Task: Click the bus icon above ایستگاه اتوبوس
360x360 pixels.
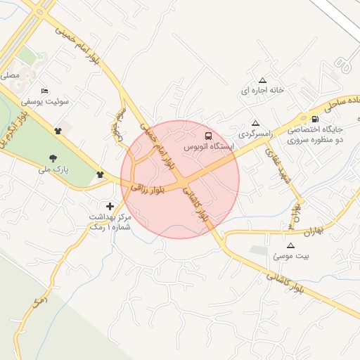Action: (207, 136)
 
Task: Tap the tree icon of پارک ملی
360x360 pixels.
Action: (53, 158)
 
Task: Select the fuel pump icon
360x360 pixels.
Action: (314, 119)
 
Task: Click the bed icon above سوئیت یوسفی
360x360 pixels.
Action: (45, 91)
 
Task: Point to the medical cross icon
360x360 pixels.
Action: (110, 205)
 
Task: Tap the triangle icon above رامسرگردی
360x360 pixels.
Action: (255, 122)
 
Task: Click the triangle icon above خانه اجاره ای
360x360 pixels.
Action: (263, 79)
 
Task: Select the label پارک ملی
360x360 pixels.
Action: (53, 169)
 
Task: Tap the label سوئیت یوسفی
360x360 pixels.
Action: (44, 101)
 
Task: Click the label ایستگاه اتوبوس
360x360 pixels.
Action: (207, 148)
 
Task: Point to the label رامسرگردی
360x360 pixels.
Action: (255, 133)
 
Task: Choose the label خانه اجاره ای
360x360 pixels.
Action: (262, 91)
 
